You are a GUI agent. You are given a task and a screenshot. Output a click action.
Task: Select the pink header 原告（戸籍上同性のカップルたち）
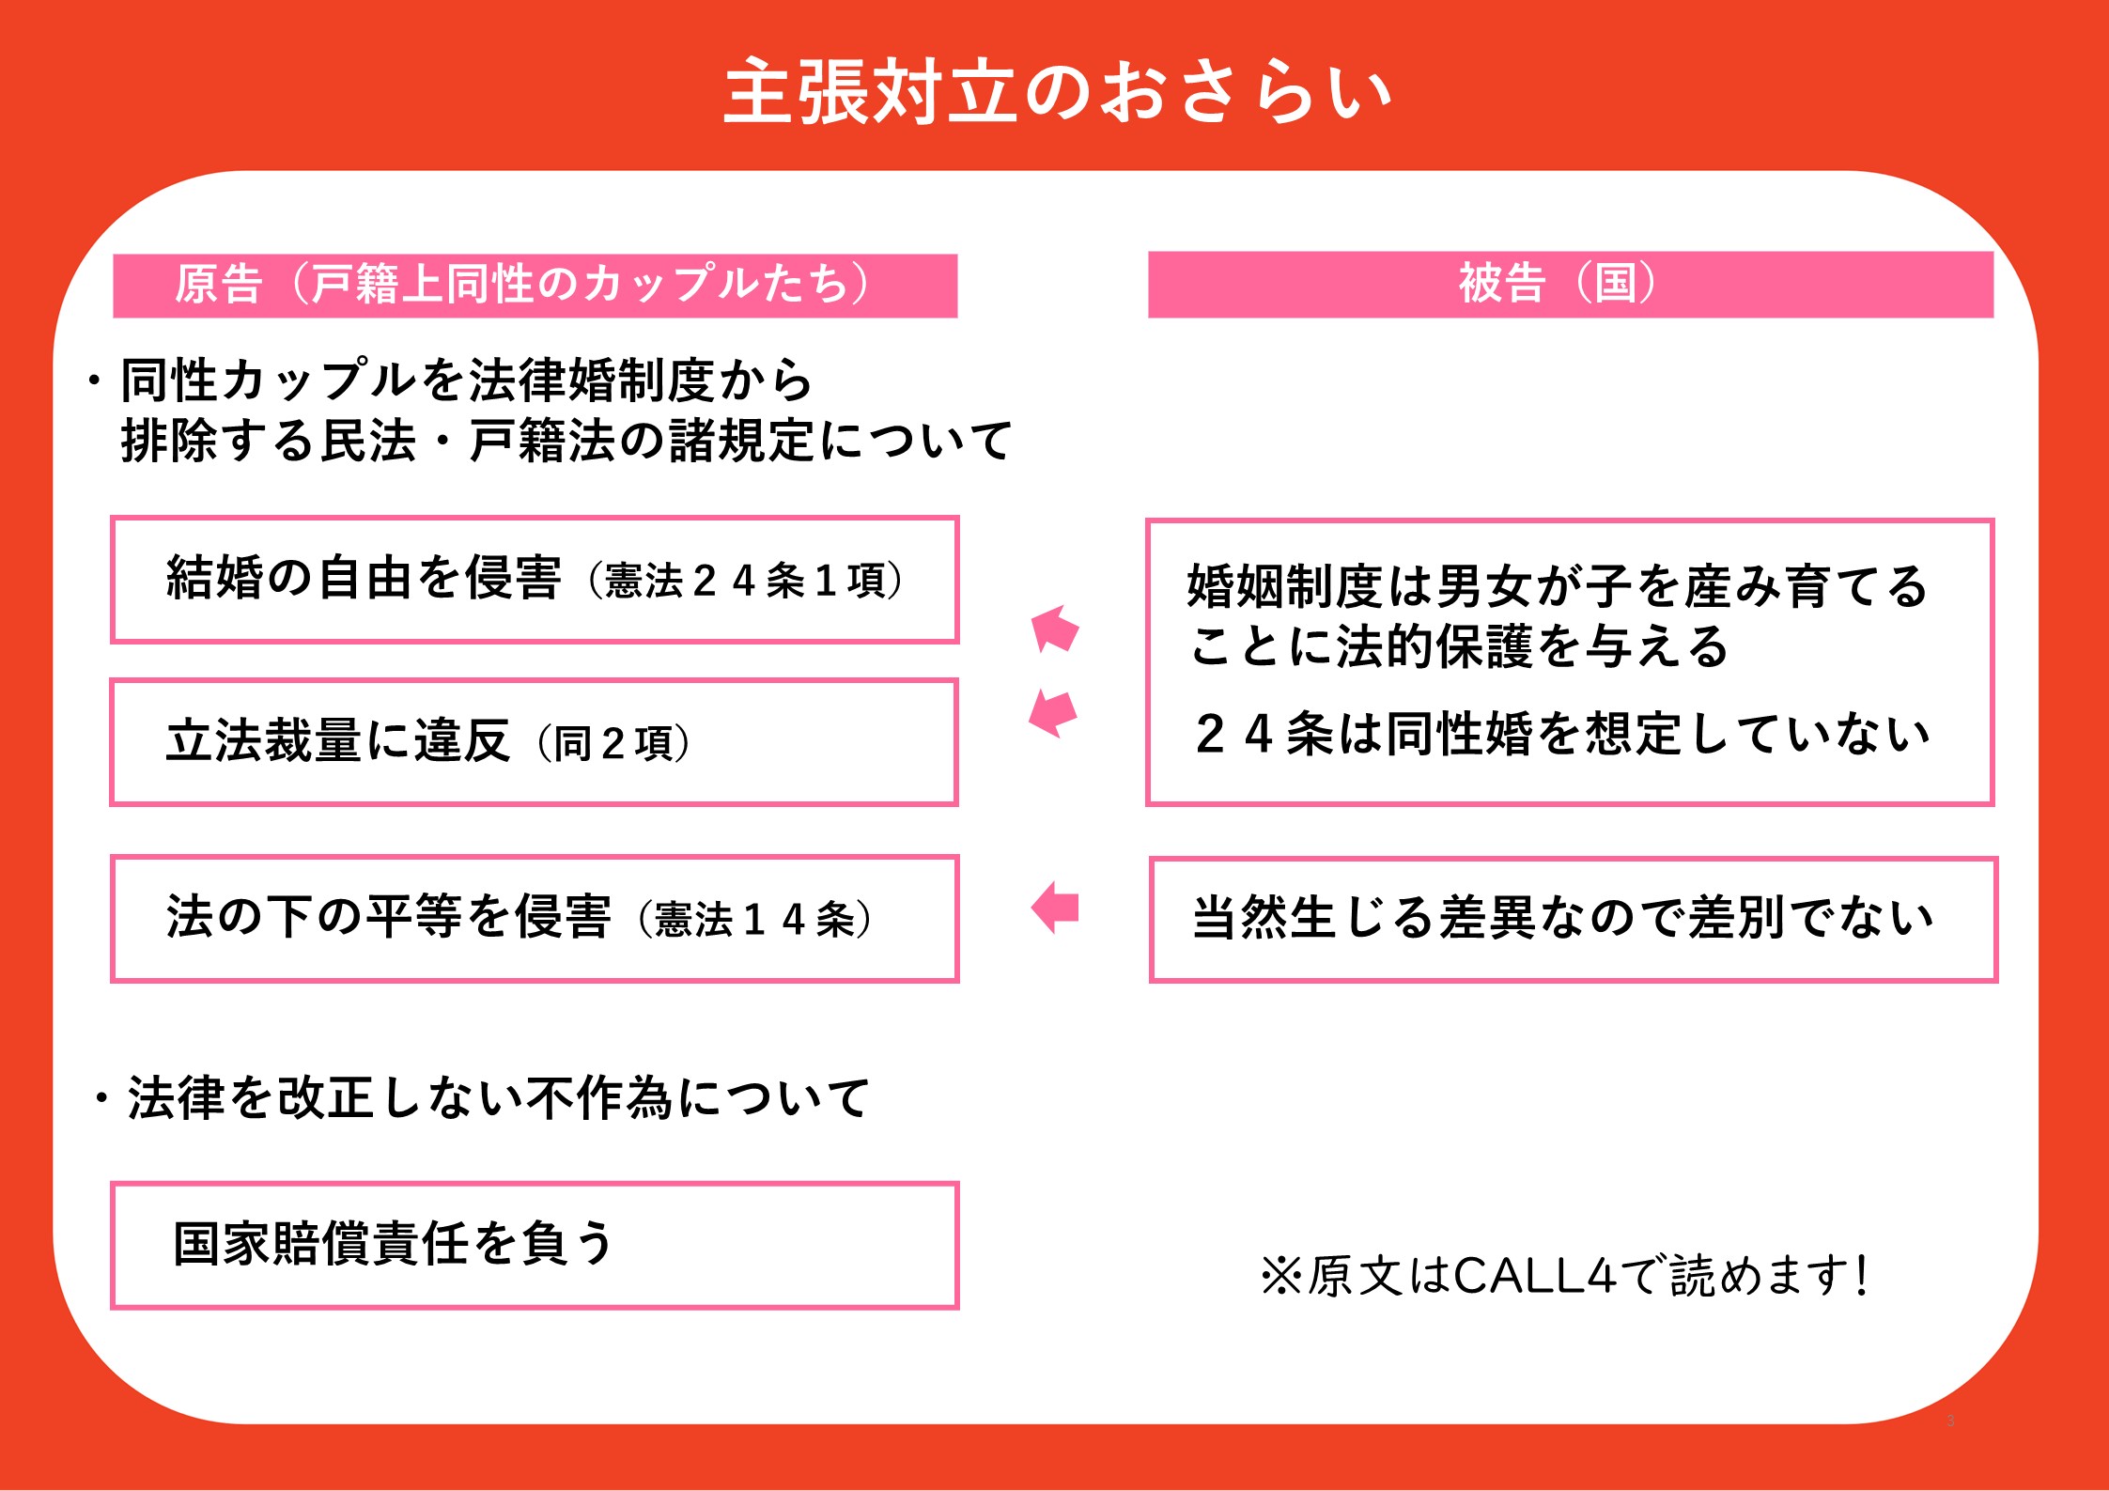(x=535, y=286)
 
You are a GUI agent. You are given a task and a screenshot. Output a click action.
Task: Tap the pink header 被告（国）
(x=1571, y=285)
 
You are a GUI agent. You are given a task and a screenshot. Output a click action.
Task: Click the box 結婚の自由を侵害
(x=535, y=580)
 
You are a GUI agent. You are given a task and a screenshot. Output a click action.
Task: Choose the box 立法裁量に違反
(x=534, y=742)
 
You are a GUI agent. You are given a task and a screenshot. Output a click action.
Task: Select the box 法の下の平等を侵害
(x=535, y=919)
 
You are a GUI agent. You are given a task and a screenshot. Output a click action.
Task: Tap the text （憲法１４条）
(x=755, y=919)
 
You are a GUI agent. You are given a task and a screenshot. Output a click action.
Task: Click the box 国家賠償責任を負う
(x=535, y=1245)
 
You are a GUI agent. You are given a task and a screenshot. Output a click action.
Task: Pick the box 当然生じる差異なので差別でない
(x=1574, y=920)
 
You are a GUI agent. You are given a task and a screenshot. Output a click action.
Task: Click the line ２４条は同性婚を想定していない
(x=1562, y=735)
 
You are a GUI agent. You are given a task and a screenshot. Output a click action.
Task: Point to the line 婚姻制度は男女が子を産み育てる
(x=1558, y=586)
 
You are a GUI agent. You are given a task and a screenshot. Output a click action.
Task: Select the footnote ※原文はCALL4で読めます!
(x=1564, y=1276)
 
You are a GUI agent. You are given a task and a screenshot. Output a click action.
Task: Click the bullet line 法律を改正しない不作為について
(x=481, y=1098)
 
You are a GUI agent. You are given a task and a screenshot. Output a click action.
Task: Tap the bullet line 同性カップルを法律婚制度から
(x=449, y=381)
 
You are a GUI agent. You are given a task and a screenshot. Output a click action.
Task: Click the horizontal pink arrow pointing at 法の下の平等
(x=1055, y=908)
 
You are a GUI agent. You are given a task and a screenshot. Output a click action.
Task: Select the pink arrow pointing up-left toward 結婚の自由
(x=1055, y=629)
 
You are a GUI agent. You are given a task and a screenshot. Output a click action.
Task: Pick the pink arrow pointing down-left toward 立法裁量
(x=1053, y=713)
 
